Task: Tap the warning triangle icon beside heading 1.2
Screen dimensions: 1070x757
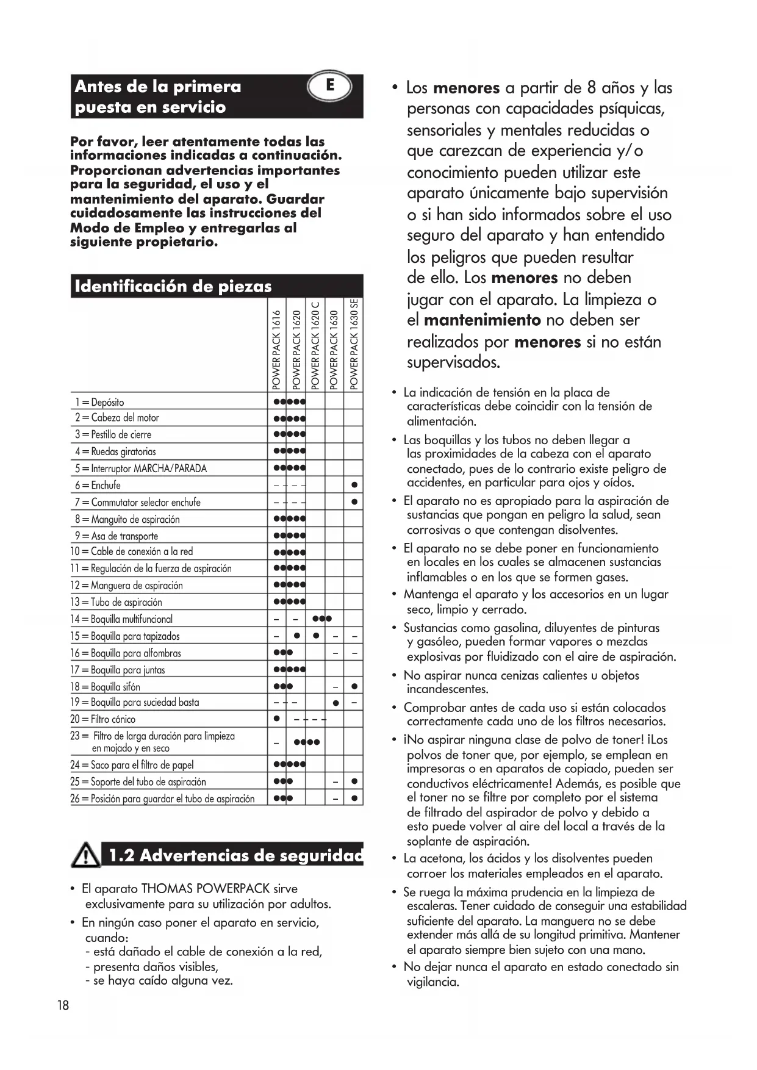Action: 87,855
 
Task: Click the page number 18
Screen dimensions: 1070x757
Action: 63,1005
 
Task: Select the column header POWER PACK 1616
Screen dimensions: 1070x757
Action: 277,350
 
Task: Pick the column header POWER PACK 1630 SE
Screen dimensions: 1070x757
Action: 354,344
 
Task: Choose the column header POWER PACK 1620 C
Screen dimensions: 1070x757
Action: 315,345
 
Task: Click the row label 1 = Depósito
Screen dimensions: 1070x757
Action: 99,402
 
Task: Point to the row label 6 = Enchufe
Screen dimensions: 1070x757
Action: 98,486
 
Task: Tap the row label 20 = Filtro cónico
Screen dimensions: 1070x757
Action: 102,719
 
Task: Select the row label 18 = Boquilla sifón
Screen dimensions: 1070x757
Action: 105,686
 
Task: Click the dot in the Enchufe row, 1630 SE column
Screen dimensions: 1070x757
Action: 354,486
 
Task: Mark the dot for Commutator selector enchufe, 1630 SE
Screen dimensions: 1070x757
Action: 354,503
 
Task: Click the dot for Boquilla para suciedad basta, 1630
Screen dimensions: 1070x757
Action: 335,703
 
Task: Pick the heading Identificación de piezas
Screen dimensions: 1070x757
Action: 173,286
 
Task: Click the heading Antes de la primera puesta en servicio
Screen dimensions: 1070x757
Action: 157,96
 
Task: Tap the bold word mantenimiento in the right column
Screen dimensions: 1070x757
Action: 482,320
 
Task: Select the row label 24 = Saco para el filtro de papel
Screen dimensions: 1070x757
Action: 132,765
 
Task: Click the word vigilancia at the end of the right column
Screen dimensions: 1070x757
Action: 432,982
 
